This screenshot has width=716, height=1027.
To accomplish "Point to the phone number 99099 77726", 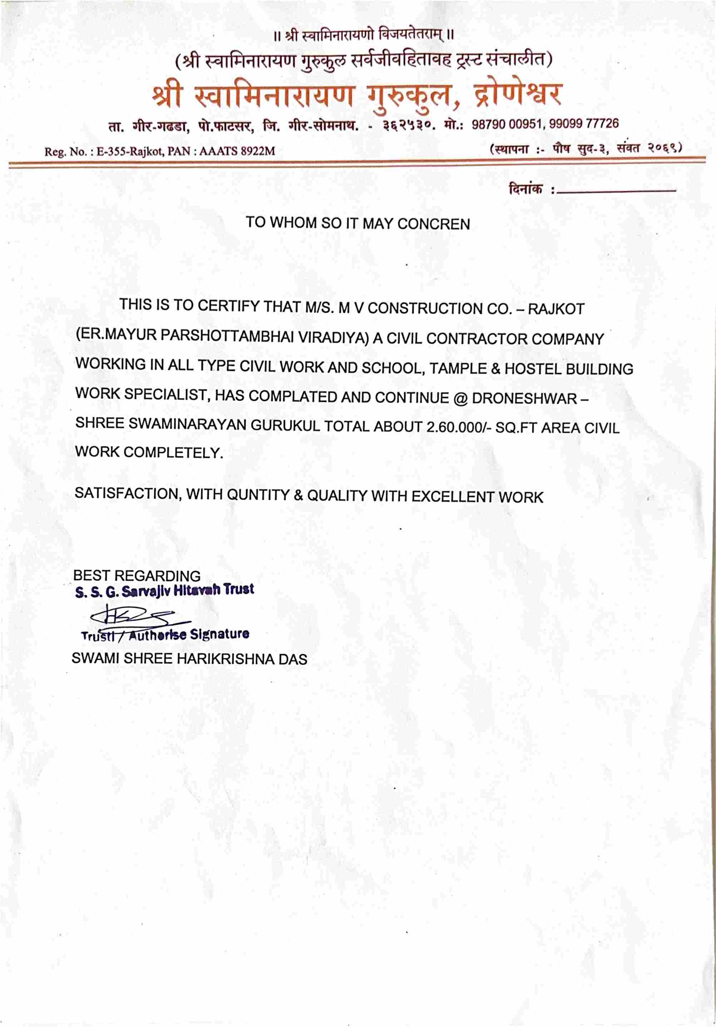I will click(584, 123).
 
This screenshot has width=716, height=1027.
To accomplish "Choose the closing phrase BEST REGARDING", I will click(137, 576).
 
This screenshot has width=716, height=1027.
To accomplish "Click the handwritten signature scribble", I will click(134, 616).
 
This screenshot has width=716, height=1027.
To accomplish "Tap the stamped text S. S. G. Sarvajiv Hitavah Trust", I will click(164, 591).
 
